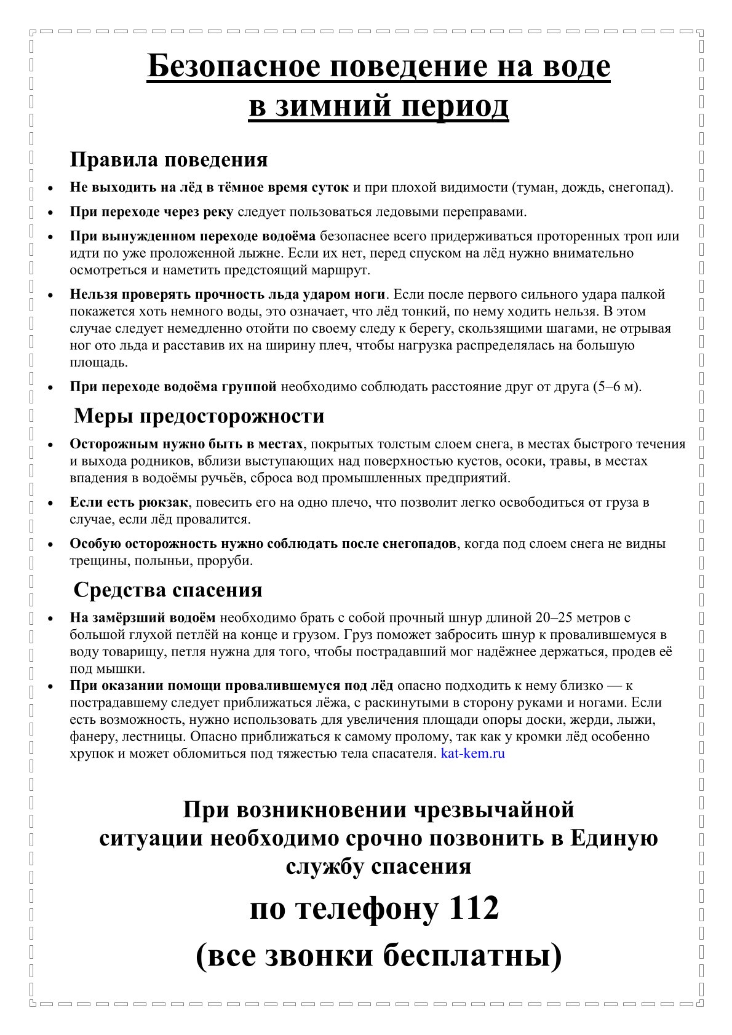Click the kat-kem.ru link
point(472,753)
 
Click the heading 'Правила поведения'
point(169,160)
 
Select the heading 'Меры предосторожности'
point(199,416)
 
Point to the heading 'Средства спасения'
point(168,590)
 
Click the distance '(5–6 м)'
point(616,387)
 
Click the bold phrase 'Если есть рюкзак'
point(129,502)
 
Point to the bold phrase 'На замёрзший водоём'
point(143,617)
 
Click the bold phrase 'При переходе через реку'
point(151,212)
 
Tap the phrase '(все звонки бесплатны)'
point(378,957)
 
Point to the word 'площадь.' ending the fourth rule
point(98,362)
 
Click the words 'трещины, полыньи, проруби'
point(161,561)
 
